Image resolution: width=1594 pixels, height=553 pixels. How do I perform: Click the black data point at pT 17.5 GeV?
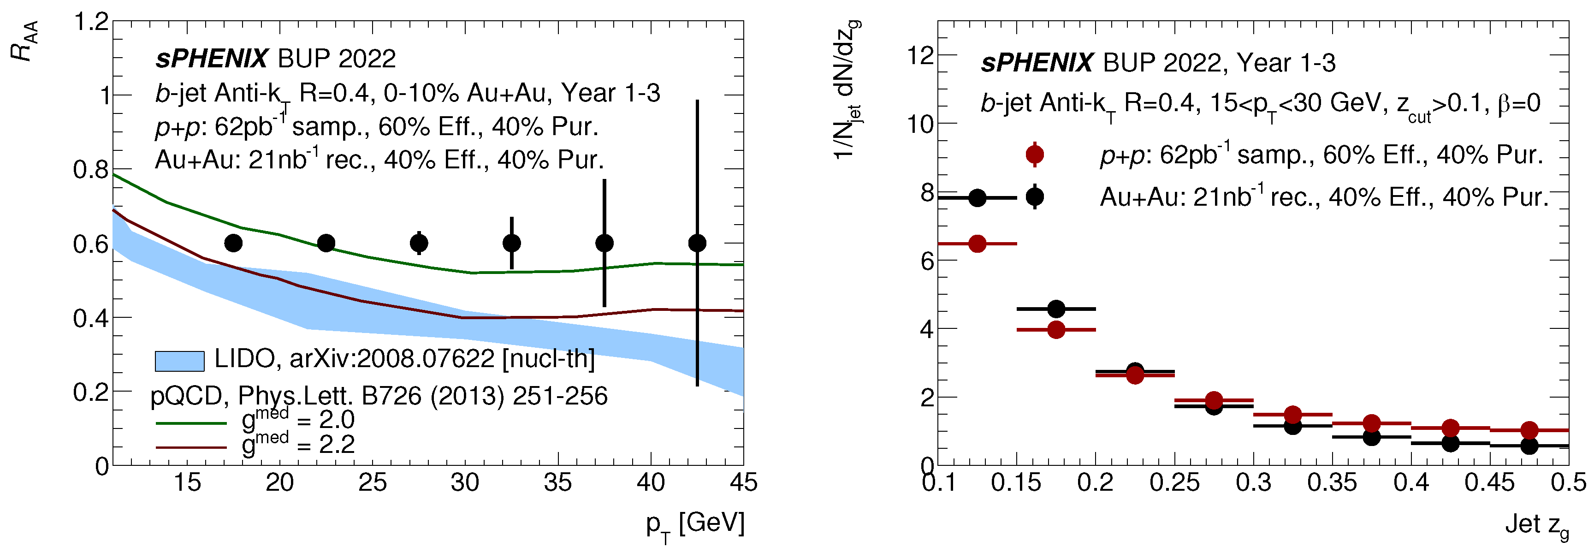[x=233, y=243]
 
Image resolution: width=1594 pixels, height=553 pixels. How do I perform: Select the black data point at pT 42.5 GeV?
[x=697, y=243]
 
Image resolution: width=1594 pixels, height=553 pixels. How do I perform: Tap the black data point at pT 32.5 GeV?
[x=512, y=243]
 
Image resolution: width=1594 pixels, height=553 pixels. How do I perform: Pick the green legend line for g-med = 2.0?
[x=191, y=423]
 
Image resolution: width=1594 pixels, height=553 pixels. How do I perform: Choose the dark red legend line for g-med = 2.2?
[x=191, y=447]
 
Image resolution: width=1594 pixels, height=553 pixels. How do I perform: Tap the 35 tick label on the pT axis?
[x=557, y=483]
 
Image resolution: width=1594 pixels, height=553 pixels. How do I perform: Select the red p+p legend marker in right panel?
[x=1035, y=154]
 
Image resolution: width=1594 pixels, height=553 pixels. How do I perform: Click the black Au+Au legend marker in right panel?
[x=1035, y=197]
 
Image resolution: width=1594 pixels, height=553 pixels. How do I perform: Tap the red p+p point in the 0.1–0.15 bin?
[x=977, y=244]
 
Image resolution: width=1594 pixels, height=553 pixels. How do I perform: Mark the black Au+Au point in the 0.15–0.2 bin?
[x=1056, y=309]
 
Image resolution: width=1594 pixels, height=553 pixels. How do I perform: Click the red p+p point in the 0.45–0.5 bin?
[x=1529, y=430]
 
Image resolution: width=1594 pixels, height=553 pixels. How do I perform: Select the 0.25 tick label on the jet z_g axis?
[x=1174, y=483]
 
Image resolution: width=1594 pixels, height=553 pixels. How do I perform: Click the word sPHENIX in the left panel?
[x=212, y=59]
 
